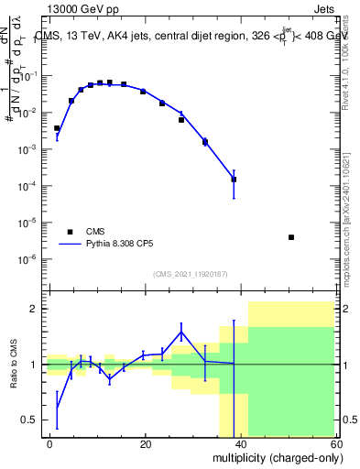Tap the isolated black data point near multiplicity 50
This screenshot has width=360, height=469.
290,237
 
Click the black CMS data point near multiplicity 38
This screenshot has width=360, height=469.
234,180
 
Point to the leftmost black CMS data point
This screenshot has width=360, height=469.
57,128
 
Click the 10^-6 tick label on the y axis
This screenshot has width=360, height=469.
28,259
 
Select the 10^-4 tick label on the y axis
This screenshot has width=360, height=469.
28,186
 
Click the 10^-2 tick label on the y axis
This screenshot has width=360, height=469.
28,113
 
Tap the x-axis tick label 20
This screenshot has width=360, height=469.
145,443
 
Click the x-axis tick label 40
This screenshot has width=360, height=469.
240,443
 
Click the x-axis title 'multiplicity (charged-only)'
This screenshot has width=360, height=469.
273,457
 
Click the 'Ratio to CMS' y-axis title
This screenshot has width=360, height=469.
13,365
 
